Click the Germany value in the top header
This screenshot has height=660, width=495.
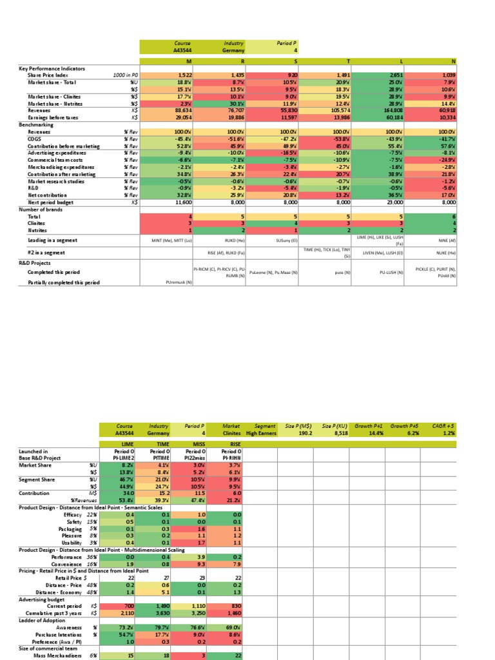pyautogui.click(x=233, y=50)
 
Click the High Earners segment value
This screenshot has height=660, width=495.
pyautogui.click(x=264, y=434)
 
